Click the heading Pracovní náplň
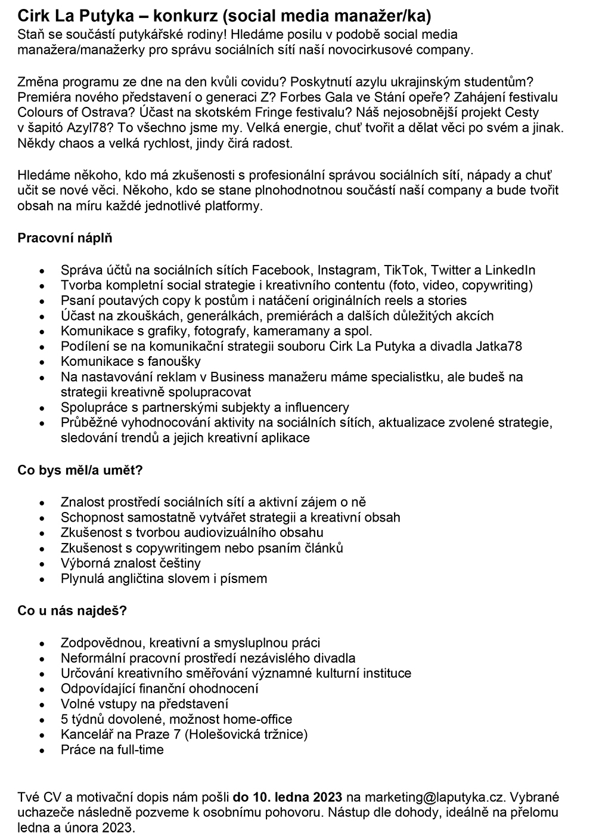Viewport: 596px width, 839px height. point(65,238)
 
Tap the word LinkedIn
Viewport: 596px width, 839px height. point(510,270)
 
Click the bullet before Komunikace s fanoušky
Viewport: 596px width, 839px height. point(42,362)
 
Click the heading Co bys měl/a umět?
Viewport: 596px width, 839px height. point(80,470)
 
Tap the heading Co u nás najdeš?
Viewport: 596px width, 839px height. point(72,610)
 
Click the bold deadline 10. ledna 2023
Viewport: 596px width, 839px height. point(288,797)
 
